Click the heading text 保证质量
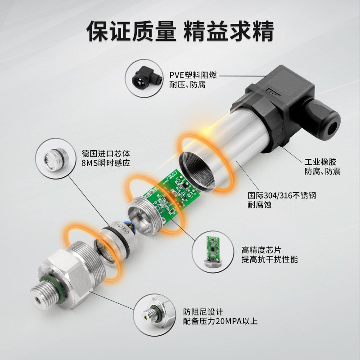(x=131, y=30)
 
